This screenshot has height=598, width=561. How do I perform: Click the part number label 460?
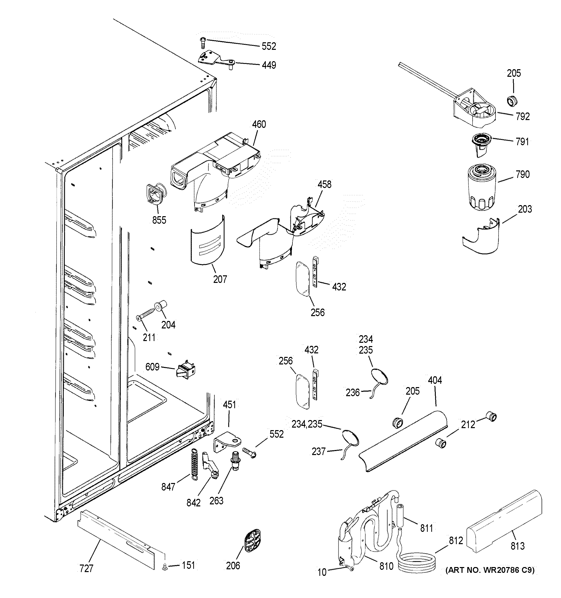point(259,124)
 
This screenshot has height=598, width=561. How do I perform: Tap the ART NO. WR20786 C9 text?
point(490,570)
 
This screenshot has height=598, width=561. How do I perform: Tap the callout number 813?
point(517,546)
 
